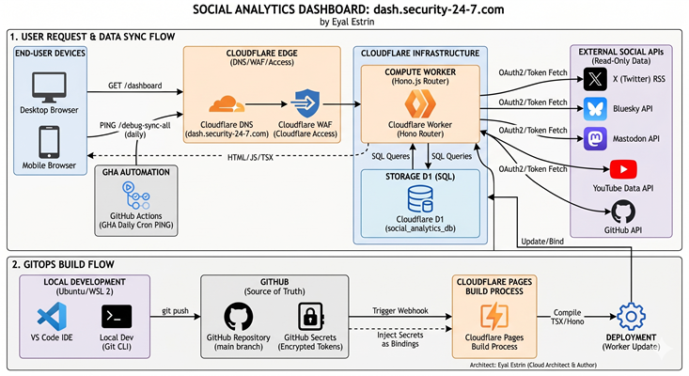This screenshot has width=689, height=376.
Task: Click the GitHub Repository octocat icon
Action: [x=239, y=316]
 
